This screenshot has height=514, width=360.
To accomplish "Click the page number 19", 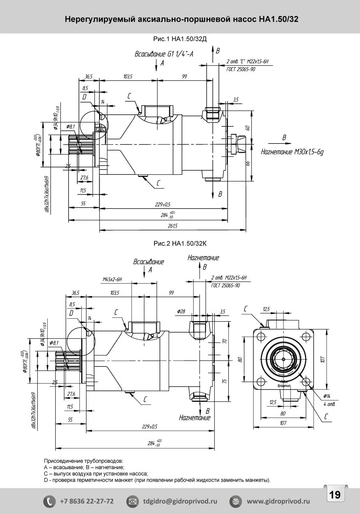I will (335, 494).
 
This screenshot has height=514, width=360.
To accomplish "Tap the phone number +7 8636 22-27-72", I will (86, 501).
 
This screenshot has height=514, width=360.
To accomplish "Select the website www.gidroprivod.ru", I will (278, 501).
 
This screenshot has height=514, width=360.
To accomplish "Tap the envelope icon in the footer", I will (132, 501).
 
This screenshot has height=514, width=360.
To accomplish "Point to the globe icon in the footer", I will (235, 501).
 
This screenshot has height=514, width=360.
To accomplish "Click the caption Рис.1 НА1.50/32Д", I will (180, 39).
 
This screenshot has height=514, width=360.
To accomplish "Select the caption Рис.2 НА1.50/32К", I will (180, 243).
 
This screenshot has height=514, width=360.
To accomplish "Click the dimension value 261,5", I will (173, 226).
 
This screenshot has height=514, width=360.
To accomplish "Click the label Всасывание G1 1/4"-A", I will (164, 54).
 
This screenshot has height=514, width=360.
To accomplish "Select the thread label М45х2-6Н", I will (112, 280).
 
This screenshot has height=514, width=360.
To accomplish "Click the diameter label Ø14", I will (327, 396).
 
